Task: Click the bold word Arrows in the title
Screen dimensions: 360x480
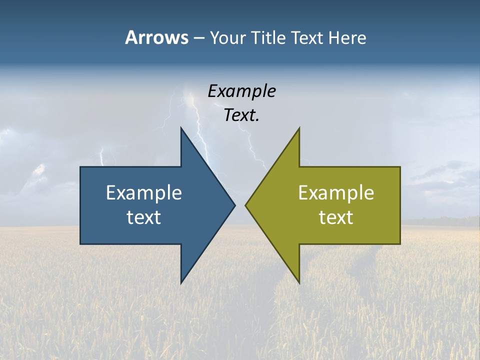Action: coord(156,38)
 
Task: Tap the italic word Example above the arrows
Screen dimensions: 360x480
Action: coord(241,91)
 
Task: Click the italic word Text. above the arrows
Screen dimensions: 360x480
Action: coord(241,115)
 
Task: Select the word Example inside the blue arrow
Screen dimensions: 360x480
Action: coord(143,192)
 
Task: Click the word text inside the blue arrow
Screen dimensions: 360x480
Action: coord(143,217)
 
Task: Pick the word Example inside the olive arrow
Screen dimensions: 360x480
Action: coord(336,192)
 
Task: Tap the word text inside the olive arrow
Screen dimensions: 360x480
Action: coord(336,217)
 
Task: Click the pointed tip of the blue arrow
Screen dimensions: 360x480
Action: coord(234,205)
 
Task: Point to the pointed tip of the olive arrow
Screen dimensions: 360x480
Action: coord(246,205)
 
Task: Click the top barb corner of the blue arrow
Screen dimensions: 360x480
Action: coord(181,128)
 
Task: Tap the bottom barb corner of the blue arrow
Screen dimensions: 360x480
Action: coord(181,283)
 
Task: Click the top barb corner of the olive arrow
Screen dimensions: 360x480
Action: coord(299,128)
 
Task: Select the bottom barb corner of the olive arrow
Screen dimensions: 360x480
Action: coord(299,283)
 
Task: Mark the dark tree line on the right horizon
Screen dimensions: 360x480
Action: coord(440,220)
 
